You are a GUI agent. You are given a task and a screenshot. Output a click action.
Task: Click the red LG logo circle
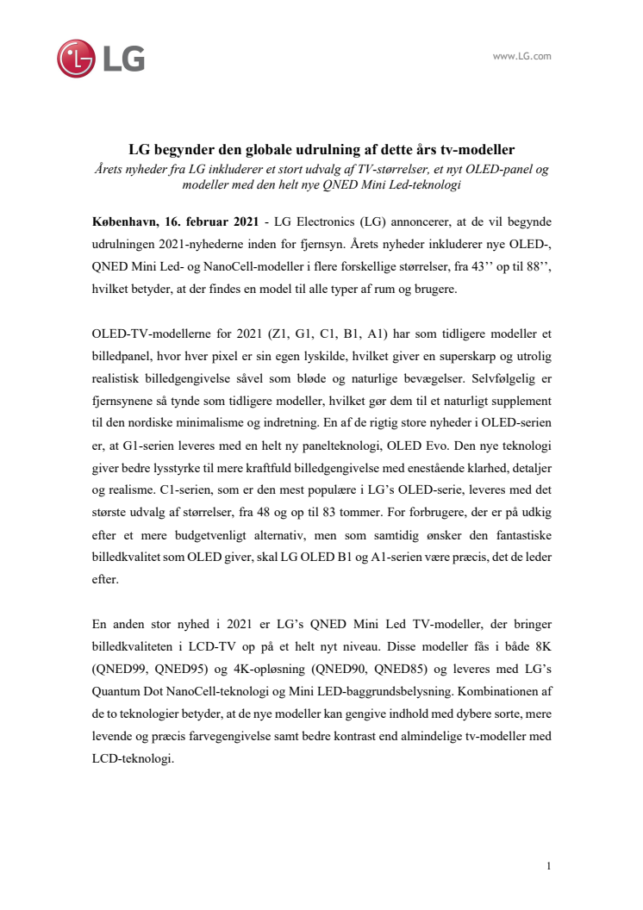point(77,58)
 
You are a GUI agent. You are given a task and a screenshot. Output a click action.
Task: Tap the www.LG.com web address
point(521,56)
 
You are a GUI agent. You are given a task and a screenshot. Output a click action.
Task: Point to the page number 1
point(548,865)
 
